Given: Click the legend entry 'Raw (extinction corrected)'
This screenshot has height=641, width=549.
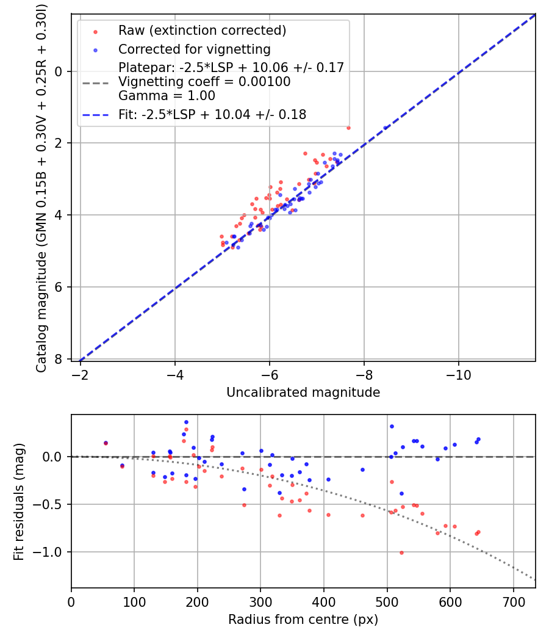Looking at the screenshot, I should pyautogui.click(x=202, y=31).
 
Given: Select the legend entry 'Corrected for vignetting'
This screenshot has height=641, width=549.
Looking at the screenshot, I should pyautogui.click(x=195, y=49).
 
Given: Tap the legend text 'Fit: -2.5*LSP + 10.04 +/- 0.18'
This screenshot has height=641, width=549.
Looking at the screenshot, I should pyautogui.click(x=212, y=114).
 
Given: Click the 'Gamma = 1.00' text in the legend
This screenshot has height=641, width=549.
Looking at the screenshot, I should pyautogui.click(x=167, y=95).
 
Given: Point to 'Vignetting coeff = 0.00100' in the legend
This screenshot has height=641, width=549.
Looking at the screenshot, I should pyautogui.click(x=204, y=81).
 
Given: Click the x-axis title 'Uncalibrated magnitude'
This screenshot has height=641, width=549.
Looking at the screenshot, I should pyautogui.click(x=303, y=393).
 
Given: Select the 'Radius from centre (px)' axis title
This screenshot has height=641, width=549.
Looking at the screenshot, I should pyautogui.click(x=303, y=620).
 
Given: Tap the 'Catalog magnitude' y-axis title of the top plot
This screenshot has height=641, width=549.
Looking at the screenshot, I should pyautogui.click(x=41, y=187).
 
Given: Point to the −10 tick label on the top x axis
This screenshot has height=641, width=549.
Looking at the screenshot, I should pyautogui.click(x=459, y=374).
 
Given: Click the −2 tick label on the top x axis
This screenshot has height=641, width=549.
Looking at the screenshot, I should pyautogui.click(x=80, y=374).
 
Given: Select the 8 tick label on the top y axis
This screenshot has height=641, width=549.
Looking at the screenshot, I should pyautogui.click(x=59, y=359).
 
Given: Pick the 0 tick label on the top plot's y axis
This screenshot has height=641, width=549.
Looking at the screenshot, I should pyautogui.click(x=59, y=71).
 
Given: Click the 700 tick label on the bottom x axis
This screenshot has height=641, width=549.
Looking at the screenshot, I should pyautogui.click(x=513, y=601).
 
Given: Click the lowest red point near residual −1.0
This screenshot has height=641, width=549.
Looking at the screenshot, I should pyautogui.click(x=401, y=552).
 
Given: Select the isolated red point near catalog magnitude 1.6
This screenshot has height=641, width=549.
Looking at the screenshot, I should pyautogui.click(x=348, y=128).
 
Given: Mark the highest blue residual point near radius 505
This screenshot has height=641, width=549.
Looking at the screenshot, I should pyautogui.click(x=392, y=426).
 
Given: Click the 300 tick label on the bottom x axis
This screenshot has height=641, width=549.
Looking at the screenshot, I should pyautogui.click(x=260, y=601).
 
